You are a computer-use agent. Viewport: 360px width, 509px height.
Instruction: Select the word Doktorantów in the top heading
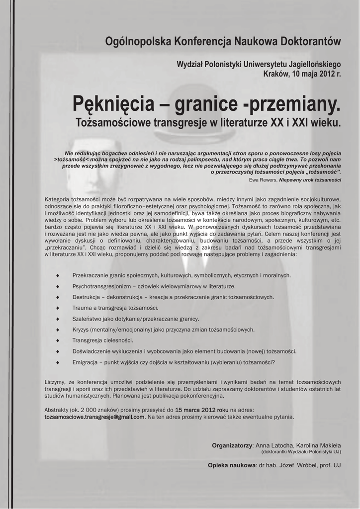click(x=306, y=41)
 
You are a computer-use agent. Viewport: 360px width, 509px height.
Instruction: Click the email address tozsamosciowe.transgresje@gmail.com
click(x=94, y=417)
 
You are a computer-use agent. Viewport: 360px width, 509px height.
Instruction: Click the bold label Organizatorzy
click(x=232, y=445)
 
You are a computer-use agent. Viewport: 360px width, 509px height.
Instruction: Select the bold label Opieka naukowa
click(x=231, y=465)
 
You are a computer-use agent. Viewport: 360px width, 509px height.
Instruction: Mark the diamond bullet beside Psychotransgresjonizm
click(x=59, y=286)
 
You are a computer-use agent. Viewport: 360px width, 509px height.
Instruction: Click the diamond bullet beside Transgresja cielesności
click(x=59, y=340)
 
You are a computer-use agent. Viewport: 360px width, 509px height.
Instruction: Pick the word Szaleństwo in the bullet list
click(x=88, y=319)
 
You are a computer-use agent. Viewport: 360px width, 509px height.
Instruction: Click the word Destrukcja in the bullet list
click(x=87, y=297)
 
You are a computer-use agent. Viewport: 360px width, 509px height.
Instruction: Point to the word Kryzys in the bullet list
click(x=81, y=330)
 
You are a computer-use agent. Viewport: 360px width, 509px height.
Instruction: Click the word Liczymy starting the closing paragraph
click(x=55, y=382)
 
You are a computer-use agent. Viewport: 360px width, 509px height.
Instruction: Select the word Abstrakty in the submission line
click(x=58, y=410)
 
